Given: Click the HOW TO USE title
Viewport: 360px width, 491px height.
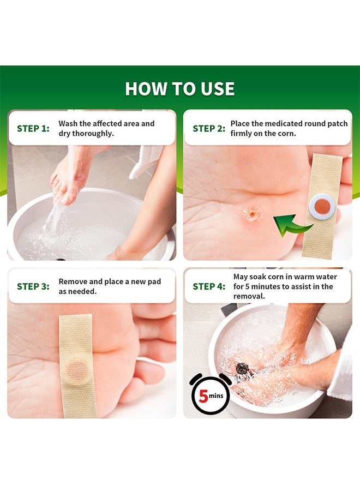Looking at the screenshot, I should (x=180, y=89).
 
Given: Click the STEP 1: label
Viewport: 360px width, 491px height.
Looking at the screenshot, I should (x=33, y=129).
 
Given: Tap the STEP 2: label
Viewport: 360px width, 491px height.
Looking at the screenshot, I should (x=209, y=129).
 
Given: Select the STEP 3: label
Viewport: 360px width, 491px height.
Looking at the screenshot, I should (x=33, y=286).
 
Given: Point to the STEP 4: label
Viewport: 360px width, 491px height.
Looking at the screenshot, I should (x=209, y=286).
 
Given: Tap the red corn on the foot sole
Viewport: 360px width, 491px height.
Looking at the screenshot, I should (x=251, y=213).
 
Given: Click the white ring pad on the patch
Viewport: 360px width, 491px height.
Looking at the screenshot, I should (x=321, y=206).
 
